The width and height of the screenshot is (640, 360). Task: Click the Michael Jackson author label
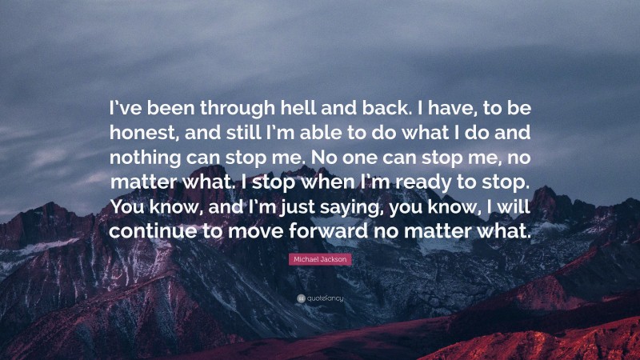point(320,260)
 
